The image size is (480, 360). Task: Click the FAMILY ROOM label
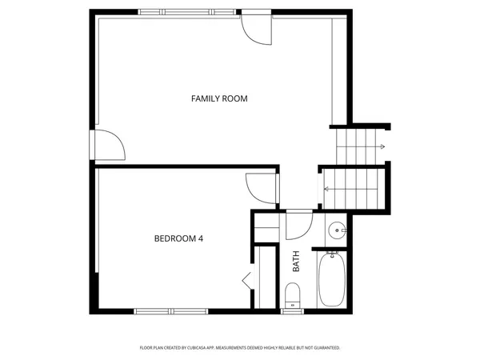pyautogui.click(x=218, y=98)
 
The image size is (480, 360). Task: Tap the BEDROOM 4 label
pyautogui.click(x=178, y=238)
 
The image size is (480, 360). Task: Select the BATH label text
pyautogui.click(x=295, y=262)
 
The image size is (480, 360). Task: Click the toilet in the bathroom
pyautogui.click(x=293, y=296)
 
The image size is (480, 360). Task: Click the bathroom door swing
pyautogui.click(x=297, y=225)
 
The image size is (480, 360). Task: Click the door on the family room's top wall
pyautogui.click(x=257, y=27)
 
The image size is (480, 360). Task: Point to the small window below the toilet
pyautogui.click(x=293, y=310)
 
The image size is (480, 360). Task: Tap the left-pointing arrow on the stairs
pyautogui.click(x=326, y=189)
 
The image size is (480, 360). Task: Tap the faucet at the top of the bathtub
pyautogui.click(x=331, y=254)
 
